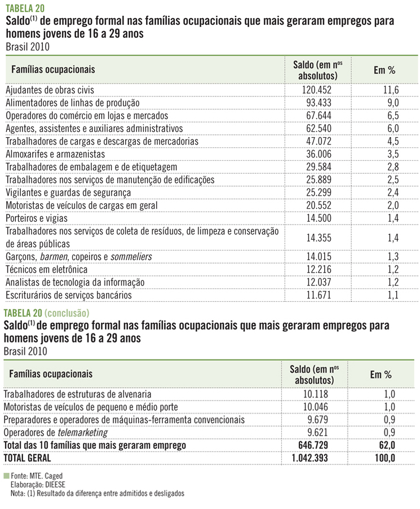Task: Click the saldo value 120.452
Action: [319, 90]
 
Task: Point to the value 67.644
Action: [319, 116]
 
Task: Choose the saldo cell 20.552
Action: [319, 205]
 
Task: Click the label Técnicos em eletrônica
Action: [46, 269]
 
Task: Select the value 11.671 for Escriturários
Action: [319, 295]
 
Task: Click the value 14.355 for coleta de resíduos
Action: [319, 238]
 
